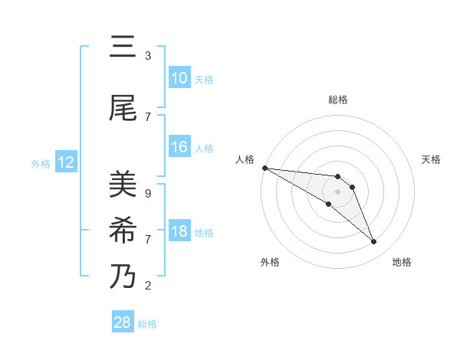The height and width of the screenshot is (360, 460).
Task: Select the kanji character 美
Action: click(x=123, y=185)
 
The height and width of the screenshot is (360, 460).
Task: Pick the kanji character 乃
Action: click(x=123, y=276)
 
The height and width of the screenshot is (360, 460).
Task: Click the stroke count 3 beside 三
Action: click(x=148, y=56)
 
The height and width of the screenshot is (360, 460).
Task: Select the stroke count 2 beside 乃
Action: click(x=148, y=286)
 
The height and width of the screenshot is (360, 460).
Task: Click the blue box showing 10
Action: click(x=179, y=78)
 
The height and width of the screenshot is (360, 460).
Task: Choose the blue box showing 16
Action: click(x=179, y=147)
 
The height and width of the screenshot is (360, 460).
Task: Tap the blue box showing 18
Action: click(x=179, y=231)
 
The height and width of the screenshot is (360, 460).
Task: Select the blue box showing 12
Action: click(x=65, y=162)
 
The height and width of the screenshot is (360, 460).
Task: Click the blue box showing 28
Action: click(x=122, y=322)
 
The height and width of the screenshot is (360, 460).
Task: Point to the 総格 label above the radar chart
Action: click(x=338, y=100)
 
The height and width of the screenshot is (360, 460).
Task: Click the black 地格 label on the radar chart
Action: click(x=402, y=262)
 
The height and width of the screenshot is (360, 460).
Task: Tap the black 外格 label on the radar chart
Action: click(x=270, y=262)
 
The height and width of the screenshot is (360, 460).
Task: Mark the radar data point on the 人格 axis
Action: click(x=264, y=167)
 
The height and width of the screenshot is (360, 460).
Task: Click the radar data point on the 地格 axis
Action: click(x=374, y=242)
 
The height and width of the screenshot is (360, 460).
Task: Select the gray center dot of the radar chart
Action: click(x=338, y=191)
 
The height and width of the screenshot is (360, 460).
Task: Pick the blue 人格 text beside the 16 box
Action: click(x=204, y=148)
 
